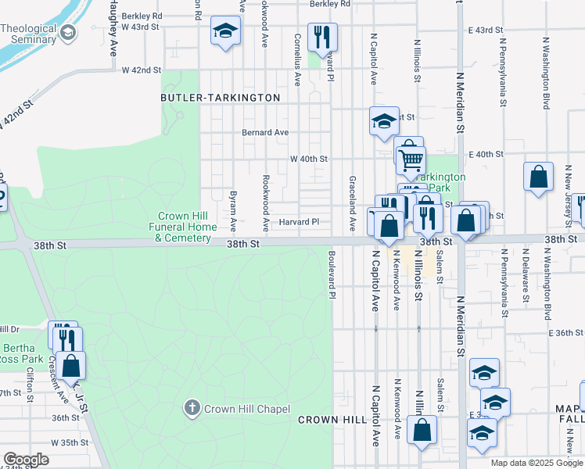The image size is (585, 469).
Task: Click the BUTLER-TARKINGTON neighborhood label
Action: click(x=220, y=98)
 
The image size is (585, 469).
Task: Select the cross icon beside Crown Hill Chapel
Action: click(x=192, y=408)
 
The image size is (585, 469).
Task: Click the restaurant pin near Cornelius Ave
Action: click(x=321, y=36)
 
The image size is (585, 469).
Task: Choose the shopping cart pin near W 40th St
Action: click(x=411, y=160)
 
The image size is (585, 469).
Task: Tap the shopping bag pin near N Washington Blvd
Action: click(x=539, y=177)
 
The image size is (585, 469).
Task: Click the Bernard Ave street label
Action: click(x=265, y=132)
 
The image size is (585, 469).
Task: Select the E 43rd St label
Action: click(x=485, y=30)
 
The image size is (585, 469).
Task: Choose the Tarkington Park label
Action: click(x=440, y=182)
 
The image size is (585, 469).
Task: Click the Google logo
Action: click(x=27, y=460)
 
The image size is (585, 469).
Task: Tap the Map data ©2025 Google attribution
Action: click(x=536, y=463)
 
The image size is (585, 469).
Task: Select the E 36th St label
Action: click(x=567, y=333)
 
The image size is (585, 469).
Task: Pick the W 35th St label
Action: click(x=68, y=442)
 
